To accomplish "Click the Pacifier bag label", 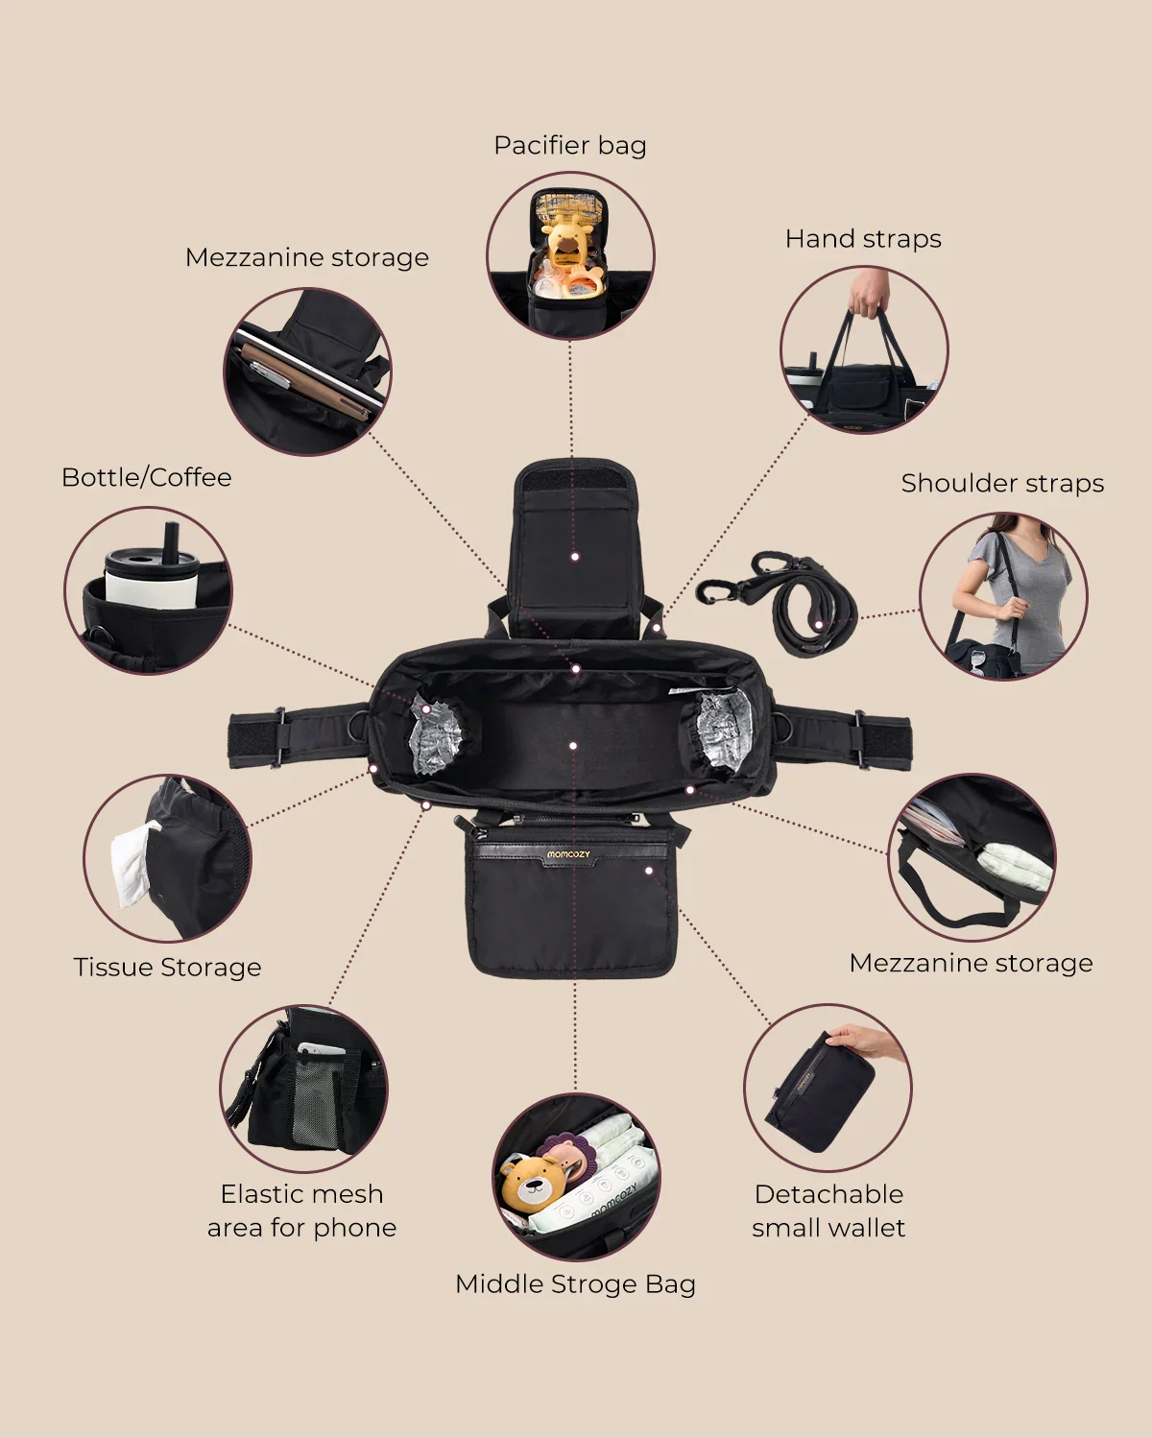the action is (570, 146).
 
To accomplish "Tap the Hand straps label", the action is (863, 239).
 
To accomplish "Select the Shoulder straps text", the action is (1002, 483).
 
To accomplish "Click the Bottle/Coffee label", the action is (146, 478).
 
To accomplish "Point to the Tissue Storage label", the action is (167, 968).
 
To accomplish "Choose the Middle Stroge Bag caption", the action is (575, 1284).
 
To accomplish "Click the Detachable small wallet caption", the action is (828, 1210).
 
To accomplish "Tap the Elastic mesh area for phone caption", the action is (302, 1210).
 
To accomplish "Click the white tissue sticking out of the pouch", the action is (133, 862).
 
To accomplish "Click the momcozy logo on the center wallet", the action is (568, 854).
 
